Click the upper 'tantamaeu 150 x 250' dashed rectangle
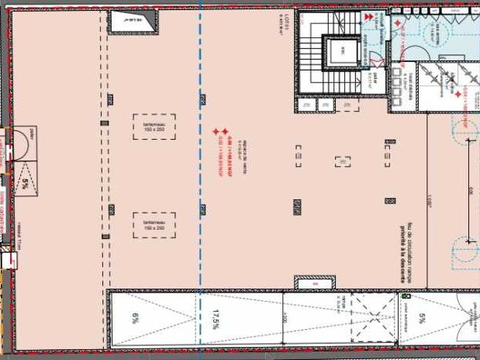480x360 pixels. (154, 126)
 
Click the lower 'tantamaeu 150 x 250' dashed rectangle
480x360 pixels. (154, 224)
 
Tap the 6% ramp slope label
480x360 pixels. (135, 317)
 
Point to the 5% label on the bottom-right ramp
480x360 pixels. (423, 317)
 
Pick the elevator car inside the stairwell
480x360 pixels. (339, 53)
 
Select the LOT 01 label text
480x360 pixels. (286, 31)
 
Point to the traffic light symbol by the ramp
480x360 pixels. (406, 296)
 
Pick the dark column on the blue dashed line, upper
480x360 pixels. (203, 99)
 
